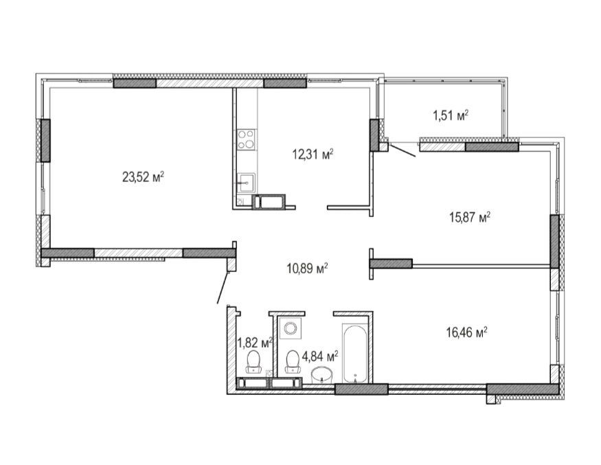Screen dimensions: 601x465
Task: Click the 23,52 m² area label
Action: click(x=143, y=177)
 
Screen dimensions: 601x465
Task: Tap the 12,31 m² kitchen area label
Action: click(x=313, y=155)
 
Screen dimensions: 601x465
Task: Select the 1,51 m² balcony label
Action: click(x=451, y=115)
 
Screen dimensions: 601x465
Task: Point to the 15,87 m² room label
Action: click(x=470, y=218)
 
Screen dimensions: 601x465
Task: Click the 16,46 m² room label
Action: click(x=466, y=332)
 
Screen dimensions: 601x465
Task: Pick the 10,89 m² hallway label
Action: click(x=307, y=269)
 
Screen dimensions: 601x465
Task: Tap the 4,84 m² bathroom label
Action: click(x=320, y=356)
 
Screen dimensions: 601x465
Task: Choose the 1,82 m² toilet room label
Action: click(x=255, y=342)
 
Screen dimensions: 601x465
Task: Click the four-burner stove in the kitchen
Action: click(x=246, y=139)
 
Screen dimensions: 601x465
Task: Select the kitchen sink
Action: click(x=247, y=183)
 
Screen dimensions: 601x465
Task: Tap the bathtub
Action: click(x=356, y=354)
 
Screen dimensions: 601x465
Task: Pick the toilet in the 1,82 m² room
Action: click(x=253, y=362)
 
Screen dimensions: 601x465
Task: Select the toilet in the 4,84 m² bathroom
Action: click(x=293, y=362)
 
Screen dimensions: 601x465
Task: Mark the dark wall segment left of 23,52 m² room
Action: click(x=45, y=140)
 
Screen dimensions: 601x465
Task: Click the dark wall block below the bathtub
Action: click(x=361, y=389)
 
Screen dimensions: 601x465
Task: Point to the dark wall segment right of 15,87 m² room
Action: click(x=554, y=241)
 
